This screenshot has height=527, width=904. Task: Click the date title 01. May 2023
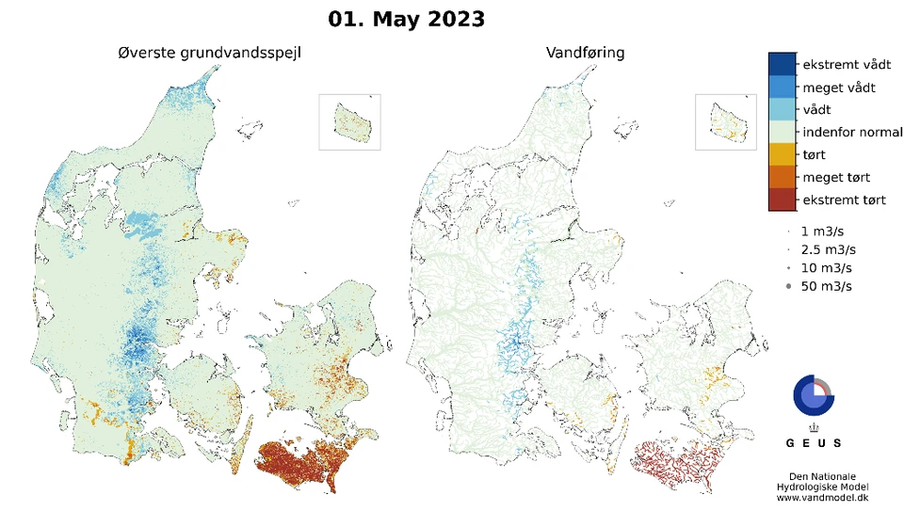click(x=407, y=18)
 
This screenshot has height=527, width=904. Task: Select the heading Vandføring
click(x=585, y=53)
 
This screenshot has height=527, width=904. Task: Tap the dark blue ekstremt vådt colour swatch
click(x=782, y=64)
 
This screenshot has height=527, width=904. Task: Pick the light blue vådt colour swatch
click(x=782, y=110)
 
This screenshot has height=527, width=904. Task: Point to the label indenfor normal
click(x=851, y=133)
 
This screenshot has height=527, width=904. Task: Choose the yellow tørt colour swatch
click(x=782, y=155)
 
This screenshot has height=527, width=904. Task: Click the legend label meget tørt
click(x=836, y=178)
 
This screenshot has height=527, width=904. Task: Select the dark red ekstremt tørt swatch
click(x=782, y=200)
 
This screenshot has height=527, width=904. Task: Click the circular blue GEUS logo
click(x=813, y=395)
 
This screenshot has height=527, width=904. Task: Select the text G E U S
click(x=814, y=442)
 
